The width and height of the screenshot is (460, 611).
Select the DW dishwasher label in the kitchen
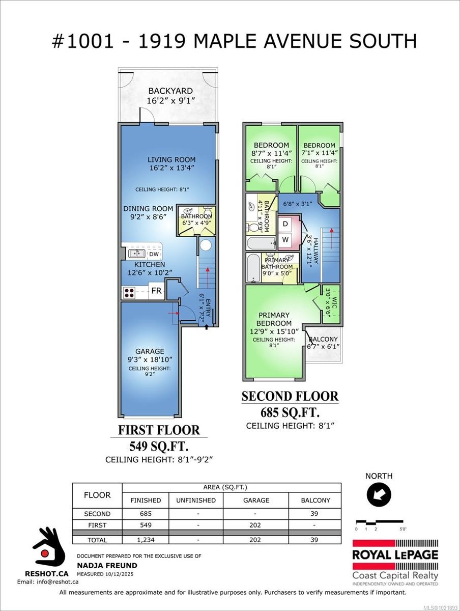154,254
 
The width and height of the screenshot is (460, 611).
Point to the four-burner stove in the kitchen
129,292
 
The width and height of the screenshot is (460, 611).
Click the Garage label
150,351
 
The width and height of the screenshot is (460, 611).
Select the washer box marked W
285,239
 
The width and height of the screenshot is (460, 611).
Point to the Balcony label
323,339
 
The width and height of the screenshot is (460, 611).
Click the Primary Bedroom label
274,319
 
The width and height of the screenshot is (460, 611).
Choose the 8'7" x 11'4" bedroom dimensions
271,153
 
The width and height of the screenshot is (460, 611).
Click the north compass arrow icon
379,494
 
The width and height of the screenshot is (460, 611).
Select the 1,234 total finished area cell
146,540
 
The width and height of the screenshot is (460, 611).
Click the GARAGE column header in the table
256,500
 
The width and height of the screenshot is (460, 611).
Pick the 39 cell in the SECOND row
315,514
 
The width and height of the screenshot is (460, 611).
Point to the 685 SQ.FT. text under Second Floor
290,412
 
